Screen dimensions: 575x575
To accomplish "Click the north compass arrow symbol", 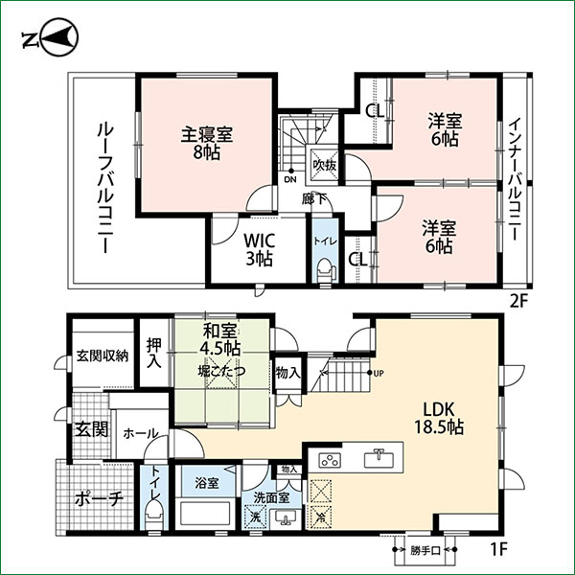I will (47, 39).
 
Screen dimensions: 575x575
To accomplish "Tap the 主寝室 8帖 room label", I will (206, 143).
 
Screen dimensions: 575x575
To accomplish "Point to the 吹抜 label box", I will (324, 164).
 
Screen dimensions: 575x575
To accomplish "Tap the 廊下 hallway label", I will (309, 199).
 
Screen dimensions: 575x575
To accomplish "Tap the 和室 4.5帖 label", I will (220, 340).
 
